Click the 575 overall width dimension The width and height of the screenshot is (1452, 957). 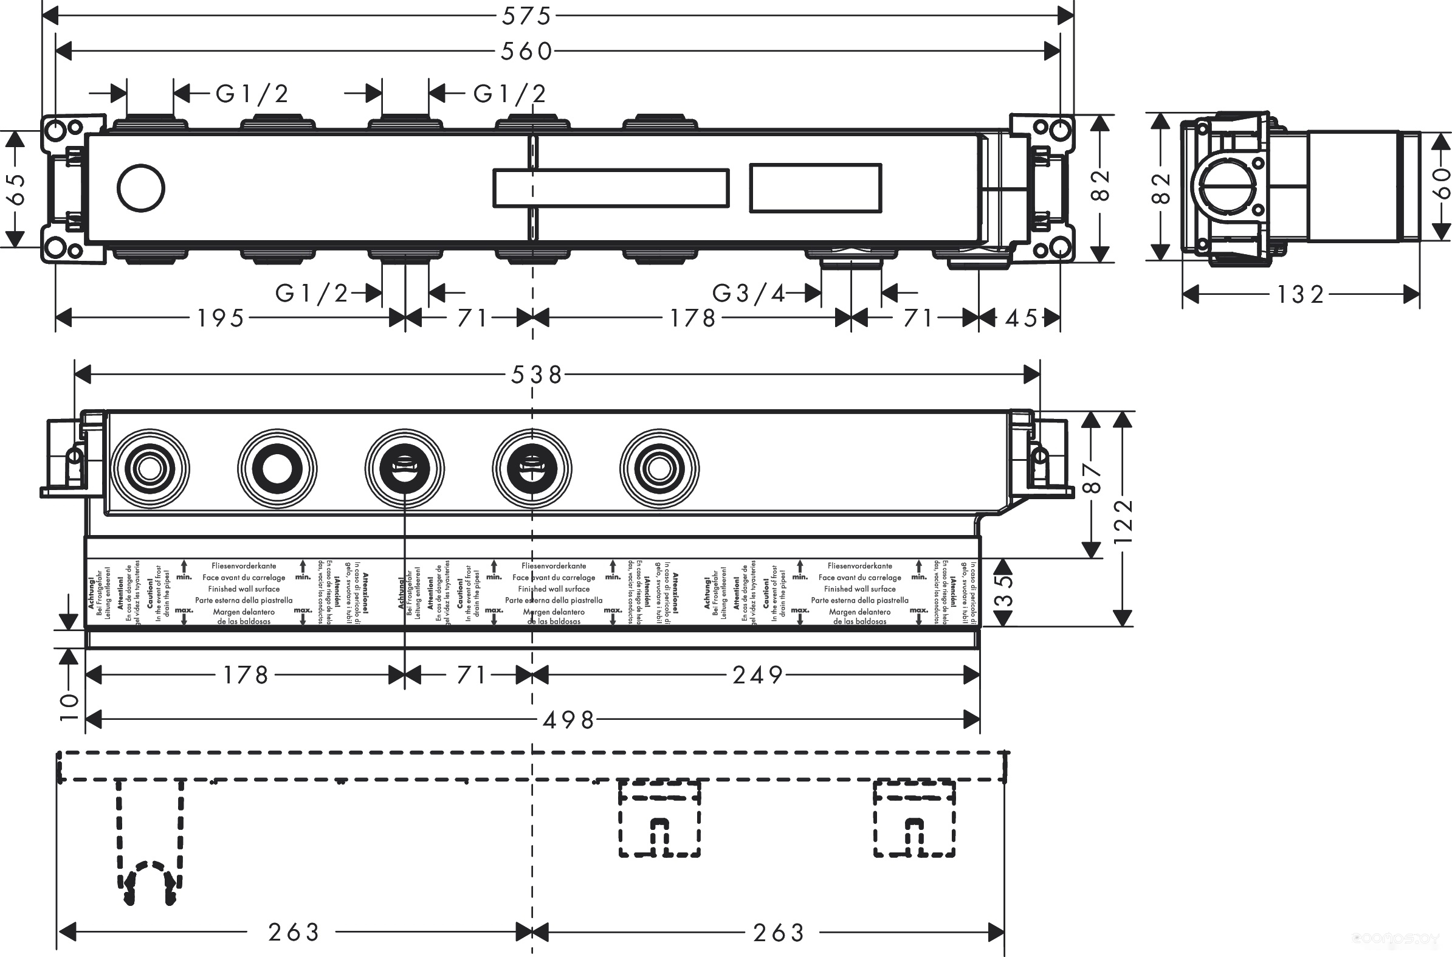click(x=526, y=16)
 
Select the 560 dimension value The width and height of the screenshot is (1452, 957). click(x=526, y=51)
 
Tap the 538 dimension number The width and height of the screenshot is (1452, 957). click(x=536, y=374)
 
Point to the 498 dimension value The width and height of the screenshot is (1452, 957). click(x=569, y=721)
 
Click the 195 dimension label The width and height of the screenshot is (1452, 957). click(x=221, y=318)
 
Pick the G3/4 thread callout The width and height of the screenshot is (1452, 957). click(x=749, y=294)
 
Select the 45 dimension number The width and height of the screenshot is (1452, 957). click(x=1021, y=318)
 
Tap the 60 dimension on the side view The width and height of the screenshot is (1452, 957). click(x=1441, y=183)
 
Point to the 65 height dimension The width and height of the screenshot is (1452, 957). click(x=16, y=188)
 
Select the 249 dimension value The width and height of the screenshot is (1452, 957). click(x=758, y=675)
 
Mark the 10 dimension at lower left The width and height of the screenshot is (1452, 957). click(x=69, y=707)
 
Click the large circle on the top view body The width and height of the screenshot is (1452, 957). click(x=141, y=188)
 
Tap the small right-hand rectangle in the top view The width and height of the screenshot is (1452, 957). click(x=815, y=188)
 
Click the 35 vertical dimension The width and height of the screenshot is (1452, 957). click(x=1003, y=590)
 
